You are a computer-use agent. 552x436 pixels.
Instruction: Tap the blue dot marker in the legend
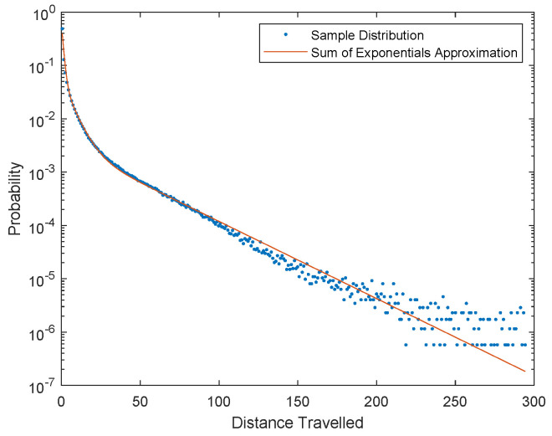coord(286,36)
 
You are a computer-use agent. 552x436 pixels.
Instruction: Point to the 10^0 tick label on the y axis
coord(41,13)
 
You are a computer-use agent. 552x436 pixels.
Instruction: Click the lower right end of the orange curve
coord(524,371)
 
